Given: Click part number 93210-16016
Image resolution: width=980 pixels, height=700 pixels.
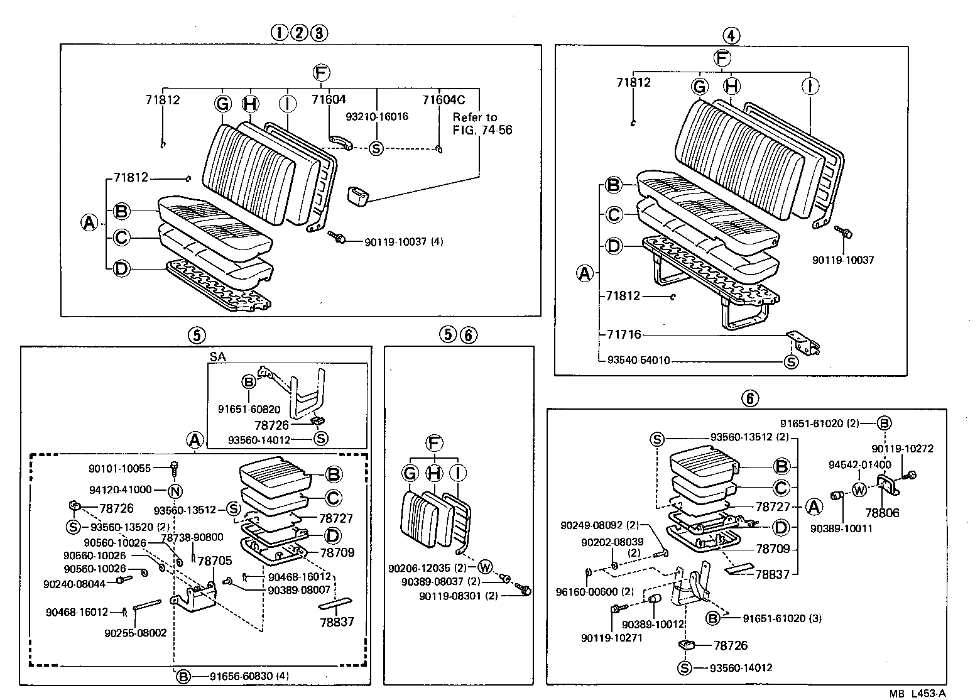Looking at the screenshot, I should click(377, 116).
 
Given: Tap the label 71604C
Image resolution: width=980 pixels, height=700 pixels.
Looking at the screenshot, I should click(444, 99).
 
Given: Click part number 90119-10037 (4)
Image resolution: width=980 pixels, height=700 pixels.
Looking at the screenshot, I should click(403, 241).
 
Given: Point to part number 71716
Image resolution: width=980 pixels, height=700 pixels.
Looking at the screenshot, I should click(624, 334).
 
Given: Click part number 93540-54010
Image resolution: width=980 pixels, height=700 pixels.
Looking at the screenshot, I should click(638, 361).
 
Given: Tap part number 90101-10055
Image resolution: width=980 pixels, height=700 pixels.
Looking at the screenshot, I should click(119, 468).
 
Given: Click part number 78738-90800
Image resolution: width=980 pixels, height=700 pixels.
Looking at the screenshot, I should click(192, 537).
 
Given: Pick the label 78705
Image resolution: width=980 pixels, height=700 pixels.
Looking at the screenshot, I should click(215, 560).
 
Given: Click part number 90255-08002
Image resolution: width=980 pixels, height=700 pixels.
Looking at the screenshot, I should click(135, 633).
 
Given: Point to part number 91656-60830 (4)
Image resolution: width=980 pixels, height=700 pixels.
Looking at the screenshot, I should click(241, 676).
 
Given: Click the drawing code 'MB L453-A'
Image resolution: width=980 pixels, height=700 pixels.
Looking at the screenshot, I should click(917, 693).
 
